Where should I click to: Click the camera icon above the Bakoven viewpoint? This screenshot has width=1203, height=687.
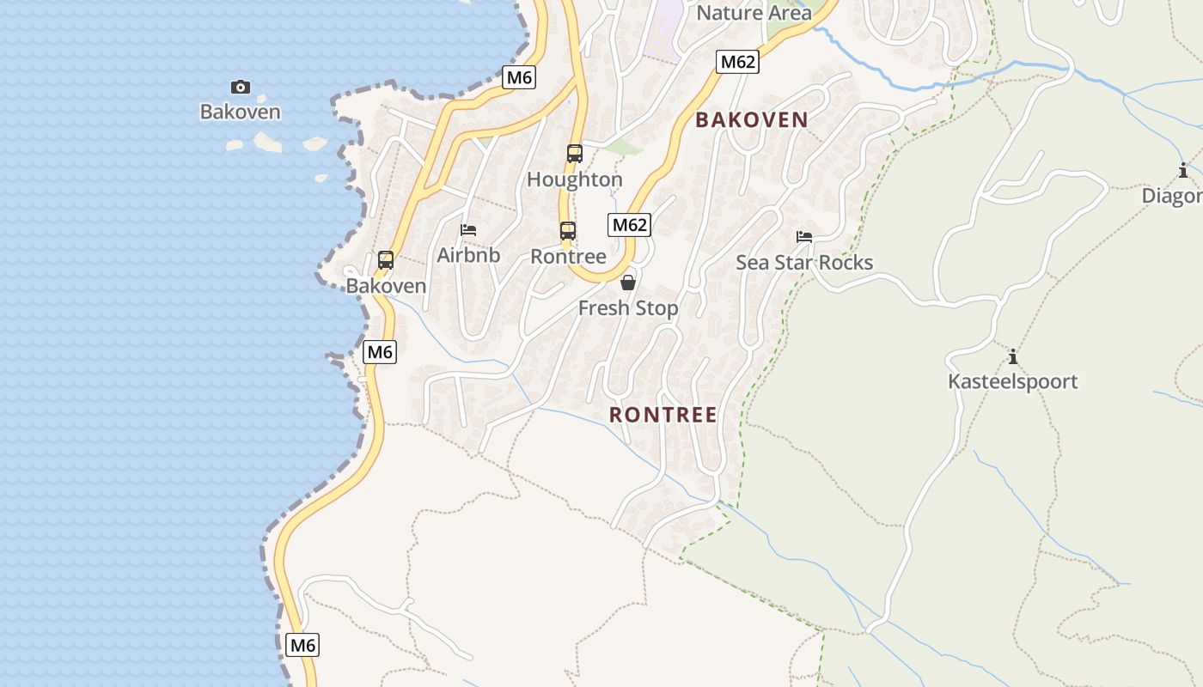coord(241,87)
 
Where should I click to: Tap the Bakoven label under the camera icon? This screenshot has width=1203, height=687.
coord(241,112)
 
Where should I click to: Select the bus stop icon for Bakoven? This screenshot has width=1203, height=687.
coord(386,259)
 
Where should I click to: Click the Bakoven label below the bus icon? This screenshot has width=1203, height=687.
coord(386,286)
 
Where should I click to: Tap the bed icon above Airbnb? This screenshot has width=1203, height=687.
coord(468,229)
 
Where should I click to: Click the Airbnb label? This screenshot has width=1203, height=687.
coord(468,255)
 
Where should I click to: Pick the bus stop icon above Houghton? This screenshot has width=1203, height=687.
coord(575,154)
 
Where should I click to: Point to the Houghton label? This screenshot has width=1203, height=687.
coord(575,179)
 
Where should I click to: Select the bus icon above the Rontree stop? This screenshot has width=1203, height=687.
coord(568,230)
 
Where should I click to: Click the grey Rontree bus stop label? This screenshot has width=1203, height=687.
coord(568,257)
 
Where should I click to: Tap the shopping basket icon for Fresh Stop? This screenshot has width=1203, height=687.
coord(628,283)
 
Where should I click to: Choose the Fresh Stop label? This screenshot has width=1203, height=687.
coord(628,308)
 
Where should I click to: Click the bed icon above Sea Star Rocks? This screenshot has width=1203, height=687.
coord(804,236)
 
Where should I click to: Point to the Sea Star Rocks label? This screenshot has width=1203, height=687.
coord(804,263)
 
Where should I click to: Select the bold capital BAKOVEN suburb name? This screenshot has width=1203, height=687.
coord(752,120)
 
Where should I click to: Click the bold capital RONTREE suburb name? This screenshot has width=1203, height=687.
coord(663,415)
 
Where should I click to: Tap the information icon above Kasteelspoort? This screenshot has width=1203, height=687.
coord(1012,356)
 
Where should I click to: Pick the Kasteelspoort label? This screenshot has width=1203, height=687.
coord(1012,381)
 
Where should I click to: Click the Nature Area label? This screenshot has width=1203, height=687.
coord(754,13)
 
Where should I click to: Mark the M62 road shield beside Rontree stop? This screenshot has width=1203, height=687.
coord(630,225)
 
